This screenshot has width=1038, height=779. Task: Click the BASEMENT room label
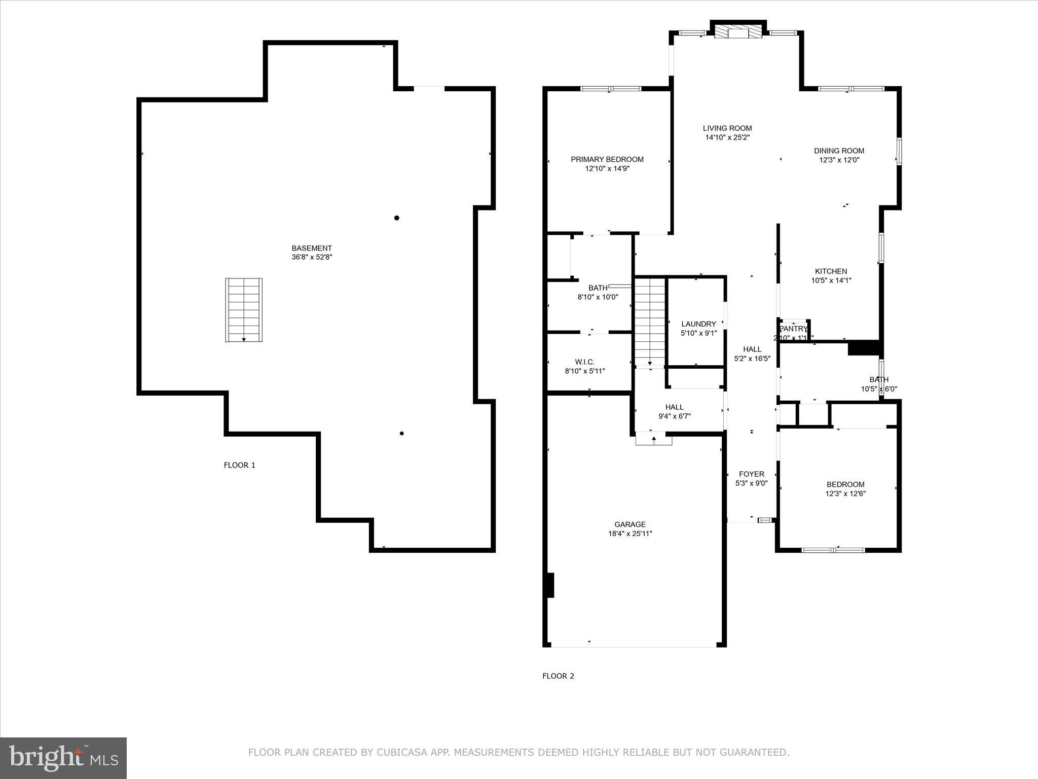pos(311,248)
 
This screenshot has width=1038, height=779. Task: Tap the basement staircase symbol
pos(244,310)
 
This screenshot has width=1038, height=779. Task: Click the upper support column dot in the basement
pos(397,218)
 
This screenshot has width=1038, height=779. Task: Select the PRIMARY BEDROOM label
pos(607,159)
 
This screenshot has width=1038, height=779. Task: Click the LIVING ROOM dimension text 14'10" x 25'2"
pos(727,137)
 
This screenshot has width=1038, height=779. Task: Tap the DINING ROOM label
pos(839,151)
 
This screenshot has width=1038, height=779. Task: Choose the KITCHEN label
pos(831,271)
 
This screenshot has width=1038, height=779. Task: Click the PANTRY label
pos(793,329)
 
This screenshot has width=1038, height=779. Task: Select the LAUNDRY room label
pos(698,324)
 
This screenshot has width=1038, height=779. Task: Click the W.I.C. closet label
pos(584,362)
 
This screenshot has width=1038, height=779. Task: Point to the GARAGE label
pos(630,524)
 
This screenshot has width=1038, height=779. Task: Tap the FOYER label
pos(751,474)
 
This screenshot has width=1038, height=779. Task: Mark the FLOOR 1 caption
pos(239,465)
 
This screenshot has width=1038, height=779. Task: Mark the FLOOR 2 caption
pos(558,676)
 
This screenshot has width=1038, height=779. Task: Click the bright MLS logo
pos(63,758)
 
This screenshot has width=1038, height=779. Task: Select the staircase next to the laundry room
pos(650,321)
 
